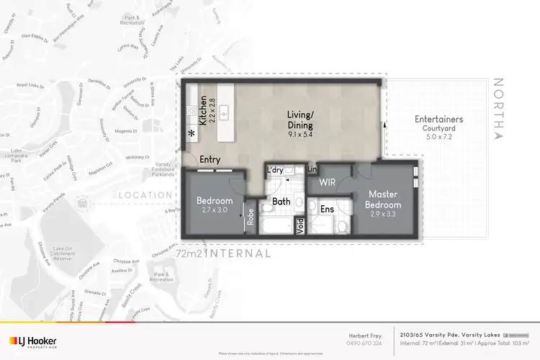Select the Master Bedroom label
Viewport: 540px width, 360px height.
tap(384, 199)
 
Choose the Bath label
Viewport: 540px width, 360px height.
tap(282, 202)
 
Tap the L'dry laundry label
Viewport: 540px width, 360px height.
tap(274, 170)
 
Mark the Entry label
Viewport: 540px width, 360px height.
tap(210, 160)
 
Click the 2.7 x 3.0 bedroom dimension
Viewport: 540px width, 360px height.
tap(215, 210)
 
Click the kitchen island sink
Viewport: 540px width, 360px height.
tap(225, 112)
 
